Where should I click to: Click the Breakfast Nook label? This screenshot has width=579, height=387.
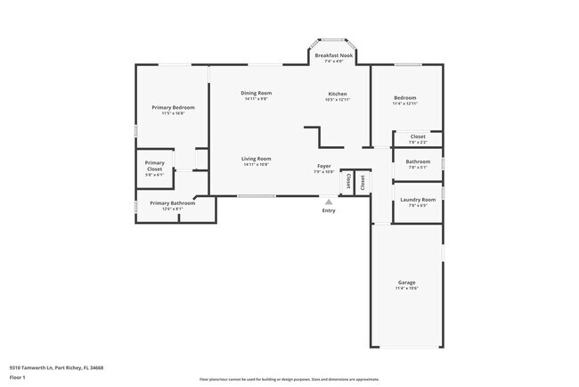(x=334, y=55)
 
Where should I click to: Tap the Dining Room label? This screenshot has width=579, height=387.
(x=257, y=93)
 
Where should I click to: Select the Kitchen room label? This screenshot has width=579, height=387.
(x=338, y=94)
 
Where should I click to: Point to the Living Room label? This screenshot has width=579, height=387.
(x=256, y=159)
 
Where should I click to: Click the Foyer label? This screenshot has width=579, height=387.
(x=324, y=166)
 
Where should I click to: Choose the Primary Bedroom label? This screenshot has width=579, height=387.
(x=172, y=107)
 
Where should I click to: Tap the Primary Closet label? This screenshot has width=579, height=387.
(x=155, y=163)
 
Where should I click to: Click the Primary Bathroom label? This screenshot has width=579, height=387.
(x=172, y=203)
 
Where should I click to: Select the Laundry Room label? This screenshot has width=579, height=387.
(x=418, y=200)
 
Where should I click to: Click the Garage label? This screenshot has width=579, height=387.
(x=406, y=283)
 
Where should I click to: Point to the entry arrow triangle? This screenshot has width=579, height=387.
(x=329, y=202)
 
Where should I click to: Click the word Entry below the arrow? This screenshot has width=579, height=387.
(x=329, y=210)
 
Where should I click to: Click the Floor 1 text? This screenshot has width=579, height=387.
(x=18, y=376)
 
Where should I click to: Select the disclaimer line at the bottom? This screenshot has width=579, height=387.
(x=289, y=379)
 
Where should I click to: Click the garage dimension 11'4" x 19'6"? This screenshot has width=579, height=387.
(x=406, y=288)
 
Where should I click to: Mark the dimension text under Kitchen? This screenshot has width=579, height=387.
(x=338, y=99)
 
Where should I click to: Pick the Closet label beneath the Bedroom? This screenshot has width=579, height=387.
(x=418, y=136)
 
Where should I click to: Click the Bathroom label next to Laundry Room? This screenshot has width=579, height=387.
(x=418, y=161)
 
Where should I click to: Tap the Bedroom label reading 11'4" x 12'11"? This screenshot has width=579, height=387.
(x=405, y=103)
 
